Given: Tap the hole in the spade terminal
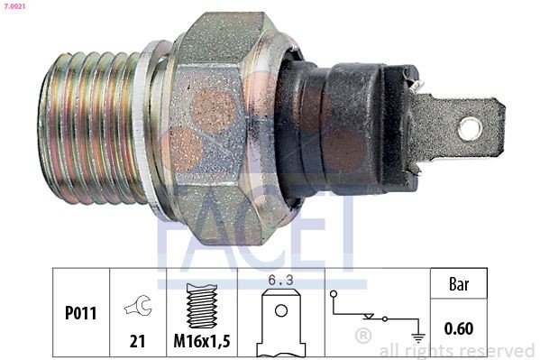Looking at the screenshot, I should point(469,129).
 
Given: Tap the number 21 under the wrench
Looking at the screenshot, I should point(137,340).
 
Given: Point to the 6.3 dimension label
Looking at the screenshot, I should point(281,281).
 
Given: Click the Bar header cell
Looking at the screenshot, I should point(460,283).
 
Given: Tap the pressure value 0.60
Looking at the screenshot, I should point(460,328).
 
